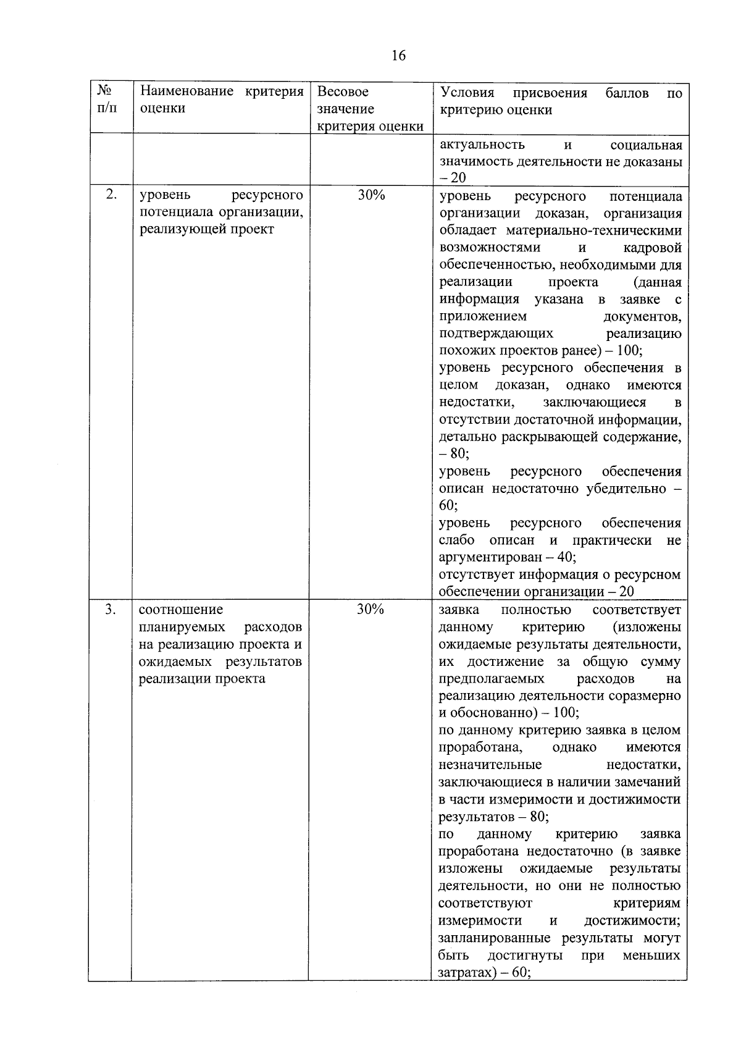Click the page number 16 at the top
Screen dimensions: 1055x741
click(x=398, y=56)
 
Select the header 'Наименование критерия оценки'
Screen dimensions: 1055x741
click(x=222, y=100)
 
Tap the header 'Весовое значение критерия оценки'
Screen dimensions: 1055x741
click(x=370, y=109)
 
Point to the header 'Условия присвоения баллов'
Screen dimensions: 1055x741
click(x=561, y=101)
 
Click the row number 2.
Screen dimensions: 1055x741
click(x=111, y=195)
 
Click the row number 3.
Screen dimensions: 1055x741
click(x=111, y=609)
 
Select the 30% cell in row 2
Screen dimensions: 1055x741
click(x=371, y=195)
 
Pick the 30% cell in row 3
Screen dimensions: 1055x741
click(x=371, y=609)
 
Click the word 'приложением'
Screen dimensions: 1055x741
click(x=482, y=316)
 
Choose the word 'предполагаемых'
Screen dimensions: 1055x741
click(x=492, y=679)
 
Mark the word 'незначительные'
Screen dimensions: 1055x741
click(x=490, y=765)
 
